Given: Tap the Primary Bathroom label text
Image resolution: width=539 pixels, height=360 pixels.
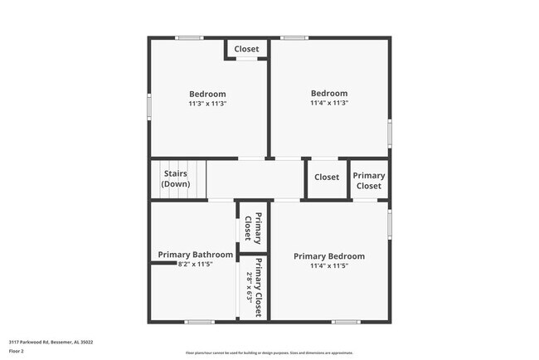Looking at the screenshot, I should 196,255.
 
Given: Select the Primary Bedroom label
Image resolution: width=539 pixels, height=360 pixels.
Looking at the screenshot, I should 329,256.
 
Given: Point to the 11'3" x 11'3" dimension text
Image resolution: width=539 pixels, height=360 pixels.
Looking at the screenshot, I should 207,104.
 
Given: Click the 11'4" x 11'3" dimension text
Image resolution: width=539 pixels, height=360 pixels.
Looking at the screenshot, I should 329,103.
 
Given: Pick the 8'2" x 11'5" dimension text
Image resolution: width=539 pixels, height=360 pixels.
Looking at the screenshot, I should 196,265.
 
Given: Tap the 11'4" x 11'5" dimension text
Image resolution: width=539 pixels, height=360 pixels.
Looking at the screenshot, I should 329,266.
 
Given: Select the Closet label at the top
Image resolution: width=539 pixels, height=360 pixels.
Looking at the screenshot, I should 246,49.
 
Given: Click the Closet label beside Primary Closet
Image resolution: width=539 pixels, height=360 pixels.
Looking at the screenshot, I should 327,177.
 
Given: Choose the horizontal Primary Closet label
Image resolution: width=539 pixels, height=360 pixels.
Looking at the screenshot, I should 369,180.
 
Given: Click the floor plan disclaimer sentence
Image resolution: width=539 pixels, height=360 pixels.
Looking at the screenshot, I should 269,352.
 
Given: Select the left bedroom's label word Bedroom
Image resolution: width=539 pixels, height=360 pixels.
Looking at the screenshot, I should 207,94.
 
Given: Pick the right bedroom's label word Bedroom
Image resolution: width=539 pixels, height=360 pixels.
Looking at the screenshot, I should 329,93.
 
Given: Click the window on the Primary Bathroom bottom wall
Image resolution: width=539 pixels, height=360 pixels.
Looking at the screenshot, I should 199,321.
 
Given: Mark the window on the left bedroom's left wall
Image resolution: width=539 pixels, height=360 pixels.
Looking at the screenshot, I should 149,106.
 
